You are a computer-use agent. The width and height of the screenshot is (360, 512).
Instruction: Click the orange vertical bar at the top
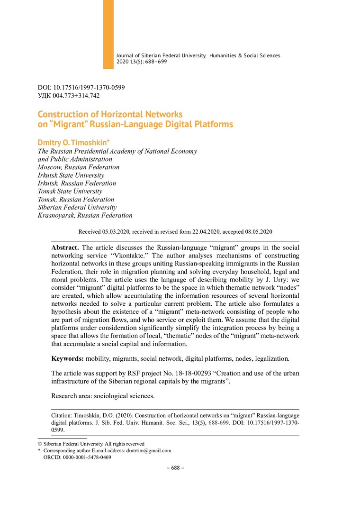point(108,34)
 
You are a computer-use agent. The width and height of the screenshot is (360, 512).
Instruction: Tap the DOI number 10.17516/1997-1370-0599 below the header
point(88,88)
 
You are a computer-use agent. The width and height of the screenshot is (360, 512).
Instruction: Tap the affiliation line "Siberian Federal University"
point(77,207)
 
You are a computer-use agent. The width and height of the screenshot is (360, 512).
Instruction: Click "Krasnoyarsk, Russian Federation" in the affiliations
point(85,215)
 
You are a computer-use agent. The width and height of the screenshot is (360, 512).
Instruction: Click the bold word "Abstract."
point(65,247)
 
